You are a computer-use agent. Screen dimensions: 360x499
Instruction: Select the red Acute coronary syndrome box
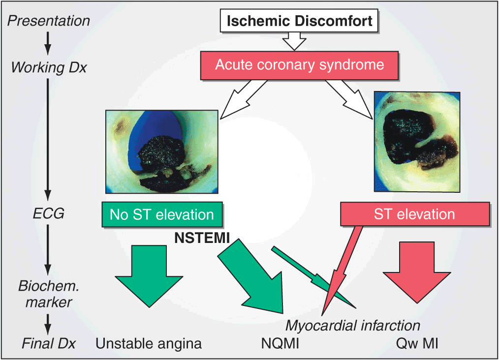coord(299,66)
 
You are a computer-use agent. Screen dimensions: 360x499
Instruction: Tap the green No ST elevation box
coord(162,215)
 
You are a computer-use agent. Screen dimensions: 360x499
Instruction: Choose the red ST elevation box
coord(415,214)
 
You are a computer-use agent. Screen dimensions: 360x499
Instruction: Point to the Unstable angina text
coord(149,343)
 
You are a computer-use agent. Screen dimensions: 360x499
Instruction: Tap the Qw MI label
coord(417,343)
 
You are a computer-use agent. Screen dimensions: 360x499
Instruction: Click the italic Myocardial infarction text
coord(353,326)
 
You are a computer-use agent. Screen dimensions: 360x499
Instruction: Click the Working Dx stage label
coord(48,67)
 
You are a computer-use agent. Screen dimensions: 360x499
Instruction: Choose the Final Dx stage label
coord(49,343)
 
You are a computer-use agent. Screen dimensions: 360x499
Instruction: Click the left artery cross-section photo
coord(161,151)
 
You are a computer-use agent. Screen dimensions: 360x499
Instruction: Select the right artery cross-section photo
coord(417,141)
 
